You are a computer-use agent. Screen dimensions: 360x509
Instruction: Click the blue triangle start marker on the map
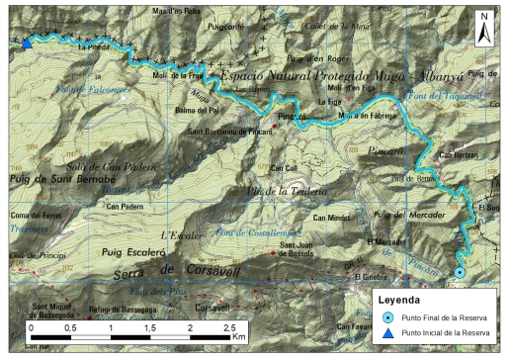[x=27, y=42]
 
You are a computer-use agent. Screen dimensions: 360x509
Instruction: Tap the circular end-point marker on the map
[x=460, y=273]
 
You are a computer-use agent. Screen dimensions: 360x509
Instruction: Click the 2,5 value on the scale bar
[x=228, y=325]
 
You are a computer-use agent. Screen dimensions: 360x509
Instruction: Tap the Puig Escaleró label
[x=134, y=252]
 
